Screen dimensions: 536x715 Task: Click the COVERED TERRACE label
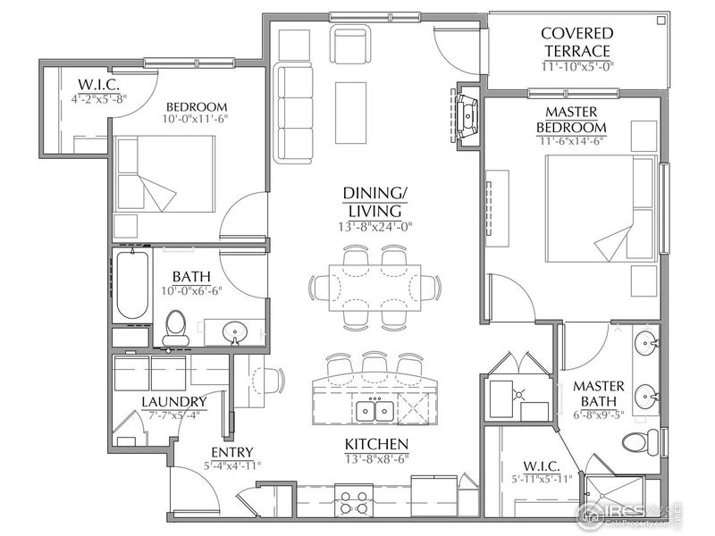point(576,42)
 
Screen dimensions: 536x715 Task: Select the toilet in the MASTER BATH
point(637,442)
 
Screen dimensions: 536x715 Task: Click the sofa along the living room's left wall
point(290,112)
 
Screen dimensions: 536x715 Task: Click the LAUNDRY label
point(173,402)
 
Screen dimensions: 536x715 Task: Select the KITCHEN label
point(376,444)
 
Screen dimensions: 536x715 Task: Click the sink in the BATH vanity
point(235,332)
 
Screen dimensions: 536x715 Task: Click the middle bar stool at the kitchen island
point(374,367)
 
